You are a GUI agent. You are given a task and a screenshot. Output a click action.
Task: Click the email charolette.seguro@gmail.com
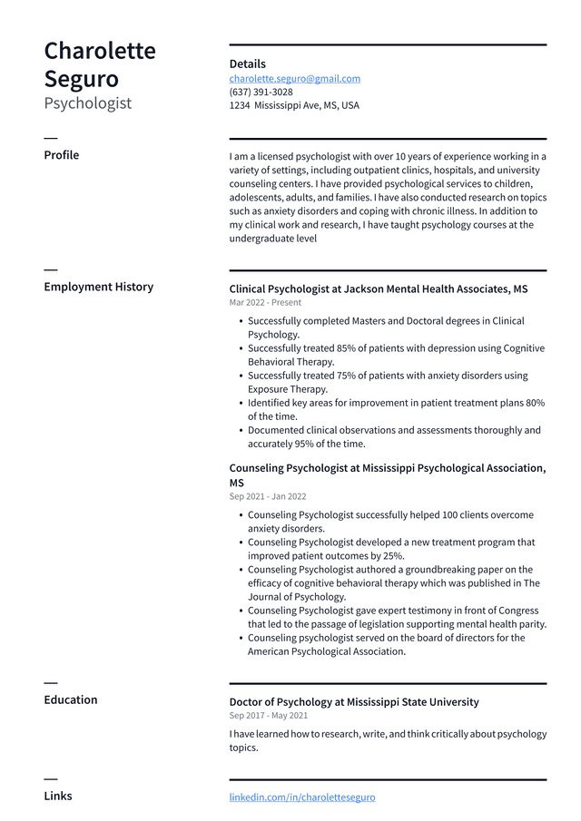[x=294, y=79]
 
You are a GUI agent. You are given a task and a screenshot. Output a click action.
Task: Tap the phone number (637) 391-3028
[x=261, y=93]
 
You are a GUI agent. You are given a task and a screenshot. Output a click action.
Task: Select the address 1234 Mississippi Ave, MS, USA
[x=294, y=105]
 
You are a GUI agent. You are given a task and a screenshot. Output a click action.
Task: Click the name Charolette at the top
[x=100, y=51]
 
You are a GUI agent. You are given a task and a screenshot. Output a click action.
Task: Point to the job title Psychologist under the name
[x=87, y=103]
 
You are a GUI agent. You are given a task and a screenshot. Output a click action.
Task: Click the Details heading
[x=247, y=64]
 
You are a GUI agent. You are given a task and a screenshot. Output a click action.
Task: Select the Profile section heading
[x=61, y=155]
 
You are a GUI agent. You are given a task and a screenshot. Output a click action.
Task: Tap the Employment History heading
[x=98, y=287]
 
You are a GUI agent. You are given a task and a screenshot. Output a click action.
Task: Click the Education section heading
[x=70, y=699]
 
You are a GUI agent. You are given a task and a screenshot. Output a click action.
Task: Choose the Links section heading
[x=58, y=796]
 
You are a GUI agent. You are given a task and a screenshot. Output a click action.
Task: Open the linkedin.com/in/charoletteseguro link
[x=301, y=797]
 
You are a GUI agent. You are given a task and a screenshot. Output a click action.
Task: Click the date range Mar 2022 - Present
[x=265, y=303]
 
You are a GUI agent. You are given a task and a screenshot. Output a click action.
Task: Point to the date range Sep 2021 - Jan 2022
[x=268, y=497]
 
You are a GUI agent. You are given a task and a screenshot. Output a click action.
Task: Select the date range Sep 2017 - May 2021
[x=268, y=716]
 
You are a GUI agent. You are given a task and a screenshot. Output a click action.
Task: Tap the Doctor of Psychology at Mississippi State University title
[x=354, y=702]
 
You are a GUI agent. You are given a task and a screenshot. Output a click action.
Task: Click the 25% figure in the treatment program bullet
[x=391, y=556]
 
